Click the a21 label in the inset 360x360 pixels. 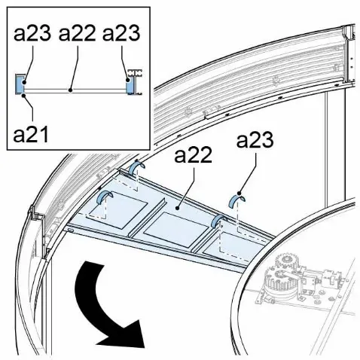(x=31, y=135)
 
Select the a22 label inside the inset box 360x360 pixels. (x=77, y=33)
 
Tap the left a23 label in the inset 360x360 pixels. (x=32, y=33)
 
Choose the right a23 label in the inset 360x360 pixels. (x=121, y=33)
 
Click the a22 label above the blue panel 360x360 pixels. (x=193, y=155)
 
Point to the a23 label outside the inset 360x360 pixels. (x=255, y=140)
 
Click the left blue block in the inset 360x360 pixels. (x=20, y=84)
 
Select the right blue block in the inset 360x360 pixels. (x=130, y=85)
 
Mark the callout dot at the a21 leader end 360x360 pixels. (x=23, y=95)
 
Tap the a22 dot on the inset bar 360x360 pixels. (x=71, y=90)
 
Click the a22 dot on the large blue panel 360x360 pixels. (x=178, y=208)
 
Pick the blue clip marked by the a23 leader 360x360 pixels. (x=237, y=200)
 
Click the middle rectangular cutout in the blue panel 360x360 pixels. (x=176, y=229)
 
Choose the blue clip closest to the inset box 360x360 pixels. (x=136, y=167)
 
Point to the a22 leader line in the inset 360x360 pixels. (x=75, y=67)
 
